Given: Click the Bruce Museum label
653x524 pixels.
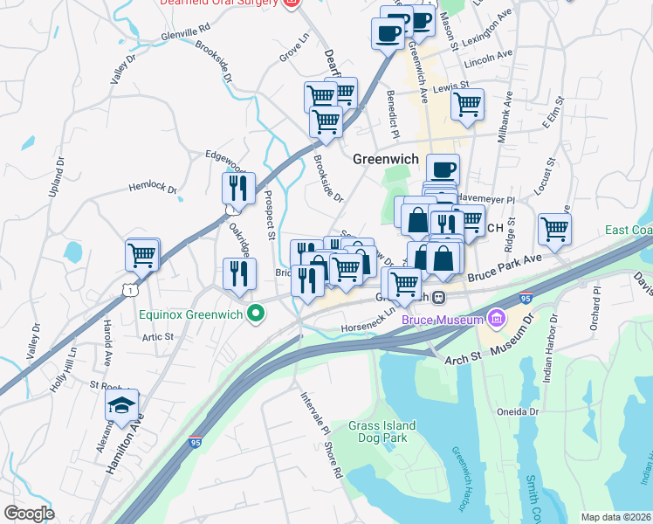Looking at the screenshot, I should [x=443, y=321].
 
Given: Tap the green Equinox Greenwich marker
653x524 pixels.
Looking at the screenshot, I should [x=256, y=312].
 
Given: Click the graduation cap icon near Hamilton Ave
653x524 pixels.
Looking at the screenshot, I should [x=122, y=403].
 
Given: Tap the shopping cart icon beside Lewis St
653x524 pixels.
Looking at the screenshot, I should [x=468, y=105].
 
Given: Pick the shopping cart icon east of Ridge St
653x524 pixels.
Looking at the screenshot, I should [x=554, y=230].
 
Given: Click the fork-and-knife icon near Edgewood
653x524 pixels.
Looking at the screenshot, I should [x=238, y=187].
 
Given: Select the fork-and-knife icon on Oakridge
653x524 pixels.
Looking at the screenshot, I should [x=238, y=273].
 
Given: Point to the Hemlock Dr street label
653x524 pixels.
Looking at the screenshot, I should [x=153, y=189].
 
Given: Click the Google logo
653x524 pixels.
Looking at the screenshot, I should [x=29, y=514].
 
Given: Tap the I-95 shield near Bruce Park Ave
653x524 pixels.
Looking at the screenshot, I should [x=526, y=298].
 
